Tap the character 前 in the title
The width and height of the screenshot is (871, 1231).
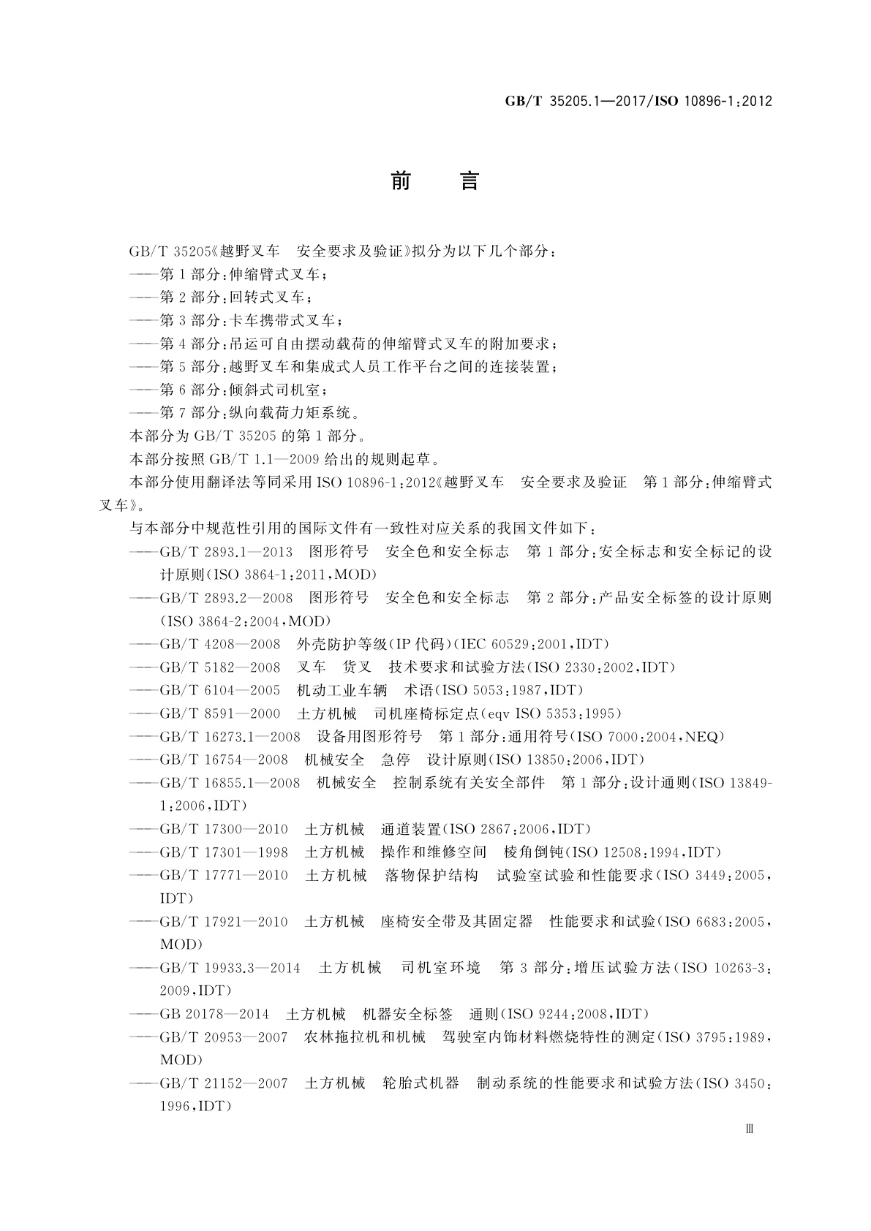point(401,181)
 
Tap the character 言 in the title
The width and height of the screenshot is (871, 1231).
point(469,181)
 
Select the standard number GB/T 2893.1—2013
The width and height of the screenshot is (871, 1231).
point(226,551)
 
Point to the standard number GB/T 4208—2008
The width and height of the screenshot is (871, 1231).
point(220,644)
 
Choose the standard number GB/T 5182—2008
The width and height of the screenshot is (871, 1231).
point(220,667)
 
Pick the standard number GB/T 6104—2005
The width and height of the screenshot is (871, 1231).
point(220,690)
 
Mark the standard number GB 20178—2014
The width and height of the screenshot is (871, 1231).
point(214,1015)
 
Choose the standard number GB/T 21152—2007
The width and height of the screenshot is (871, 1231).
point(224,1083)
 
